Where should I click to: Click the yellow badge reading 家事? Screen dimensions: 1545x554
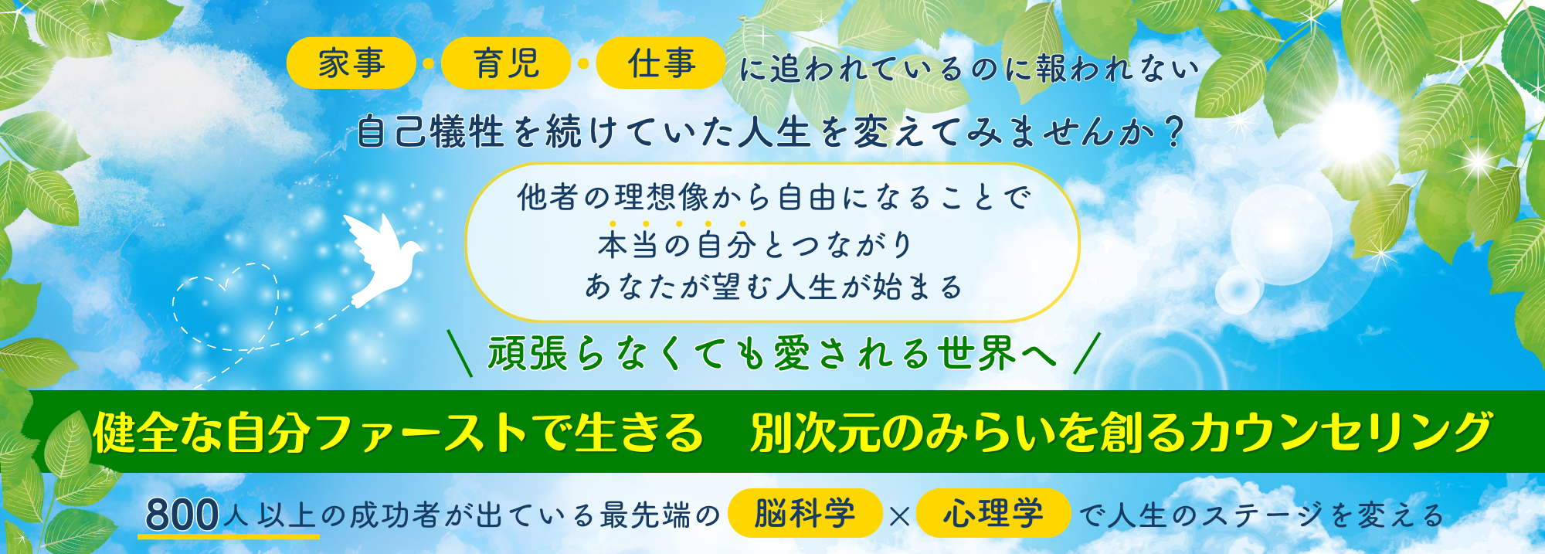pyautogui.click(x=351, y=63)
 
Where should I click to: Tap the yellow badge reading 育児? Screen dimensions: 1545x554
pyautogui.click(x=506, y=63)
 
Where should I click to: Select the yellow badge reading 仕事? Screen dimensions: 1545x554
pyautogui.click(x=661, y=63)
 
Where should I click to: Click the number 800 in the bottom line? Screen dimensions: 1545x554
pyautogui.click(x=182, y=515)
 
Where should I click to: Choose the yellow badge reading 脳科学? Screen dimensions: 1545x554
pyautogui.click(x=805, y=513)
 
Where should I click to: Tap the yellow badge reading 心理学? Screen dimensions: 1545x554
pyautogui.click(x=993, y=513)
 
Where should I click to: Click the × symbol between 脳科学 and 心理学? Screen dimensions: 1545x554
pyautogui.click(x=899, y=515)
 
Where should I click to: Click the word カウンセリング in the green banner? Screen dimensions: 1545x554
pyautogui.click(x=1340, y=432)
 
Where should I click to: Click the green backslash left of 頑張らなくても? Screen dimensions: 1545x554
pyautogui.click(x=460, y=353)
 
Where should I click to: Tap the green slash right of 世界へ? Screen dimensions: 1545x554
pyautogui.click(x=1087, y=353)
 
